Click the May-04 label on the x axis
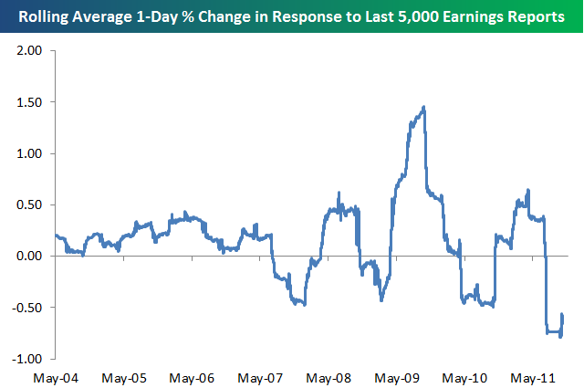57,376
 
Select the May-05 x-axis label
125,376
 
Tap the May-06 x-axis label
193,376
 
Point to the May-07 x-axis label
261,376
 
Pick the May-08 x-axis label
329,376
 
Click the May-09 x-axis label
398,376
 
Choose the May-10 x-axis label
465,376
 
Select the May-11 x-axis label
534,376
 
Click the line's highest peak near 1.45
424,108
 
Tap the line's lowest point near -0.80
559,336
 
